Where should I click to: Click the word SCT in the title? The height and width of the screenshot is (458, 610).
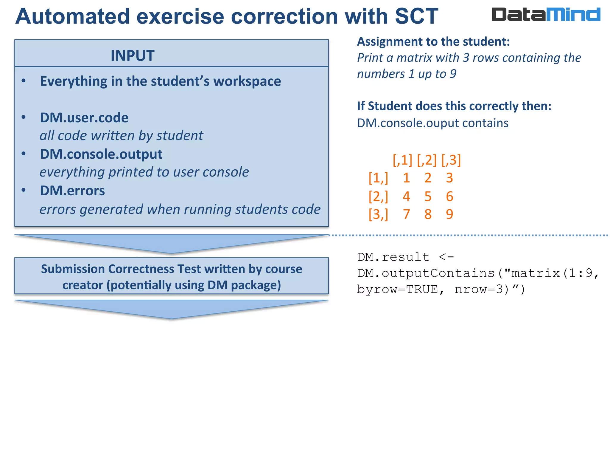(416, 16)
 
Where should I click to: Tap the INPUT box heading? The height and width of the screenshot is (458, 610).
(133, 56)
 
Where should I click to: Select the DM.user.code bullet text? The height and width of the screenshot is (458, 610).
(84, 118)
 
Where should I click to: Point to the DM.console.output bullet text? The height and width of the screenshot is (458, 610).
(101, 154)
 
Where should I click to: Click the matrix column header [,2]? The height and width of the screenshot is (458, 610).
(427, 160)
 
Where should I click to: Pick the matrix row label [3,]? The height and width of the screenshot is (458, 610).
(378, 214)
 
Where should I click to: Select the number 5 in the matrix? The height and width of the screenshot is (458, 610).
(428, 196)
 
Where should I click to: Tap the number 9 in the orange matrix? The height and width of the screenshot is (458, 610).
(449, 214)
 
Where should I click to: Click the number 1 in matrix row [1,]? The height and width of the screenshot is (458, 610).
(406, 178)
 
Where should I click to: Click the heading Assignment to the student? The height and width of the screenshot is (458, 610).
(433, 41)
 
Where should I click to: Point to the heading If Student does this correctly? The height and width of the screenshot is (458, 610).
(454, 106)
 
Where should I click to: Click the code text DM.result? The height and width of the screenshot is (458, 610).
(393, 257)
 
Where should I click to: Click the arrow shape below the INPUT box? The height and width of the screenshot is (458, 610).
(171, 243)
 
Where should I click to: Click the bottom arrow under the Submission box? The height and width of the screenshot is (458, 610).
(171, 309)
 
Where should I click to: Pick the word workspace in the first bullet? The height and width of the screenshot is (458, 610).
(247, 81)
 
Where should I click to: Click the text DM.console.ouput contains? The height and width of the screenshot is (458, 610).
(432, 123)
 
